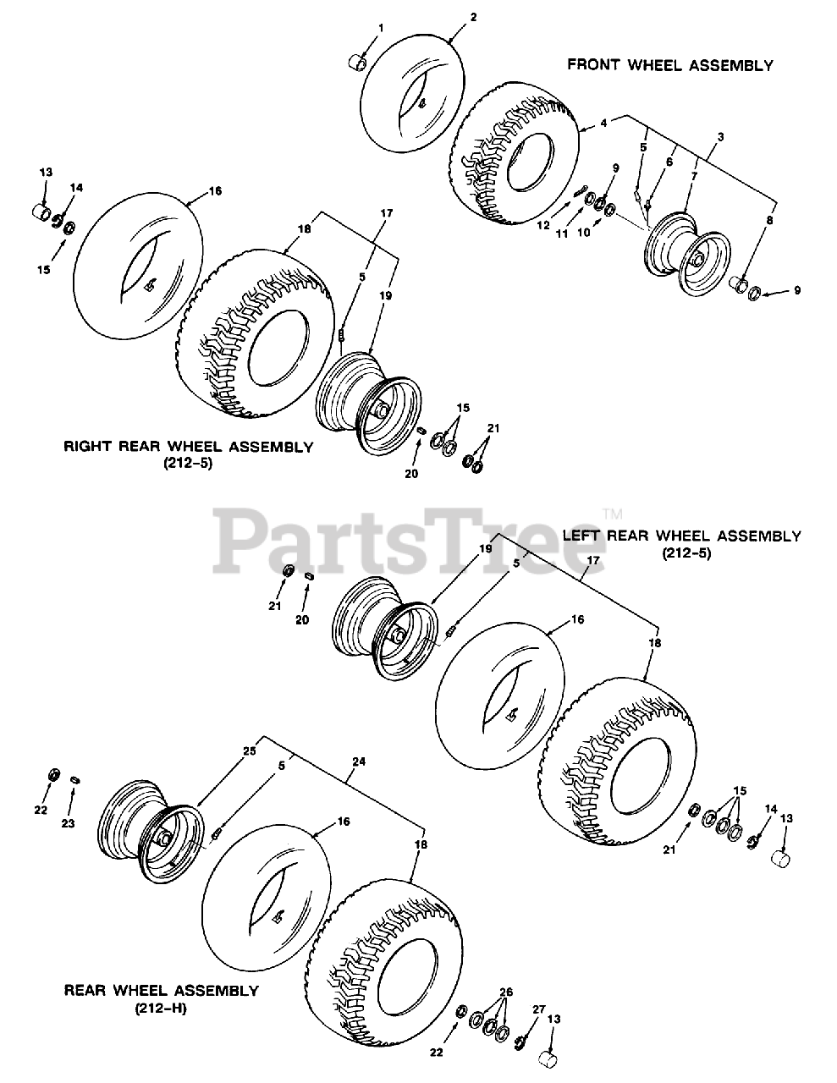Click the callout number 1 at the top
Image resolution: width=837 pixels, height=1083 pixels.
[380, 28]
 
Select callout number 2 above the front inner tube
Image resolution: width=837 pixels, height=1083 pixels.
[473, 16]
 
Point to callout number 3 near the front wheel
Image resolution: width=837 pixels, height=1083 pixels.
[720, 135]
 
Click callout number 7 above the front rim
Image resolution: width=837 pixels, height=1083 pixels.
[693, 175]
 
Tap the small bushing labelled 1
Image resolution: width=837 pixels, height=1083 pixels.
[359, 63]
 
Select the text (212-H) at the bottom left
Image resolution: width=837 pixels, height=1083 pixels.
[160, 1008]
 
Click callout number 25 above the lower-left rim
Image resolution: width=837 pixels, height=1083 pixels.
[249, 750]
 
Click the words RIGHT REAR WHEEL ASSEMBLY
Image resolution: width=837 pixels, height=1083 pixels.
[188, 447]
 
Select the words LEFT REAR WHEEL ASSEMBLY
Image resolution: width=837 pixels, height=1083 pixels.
[681, 536]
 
